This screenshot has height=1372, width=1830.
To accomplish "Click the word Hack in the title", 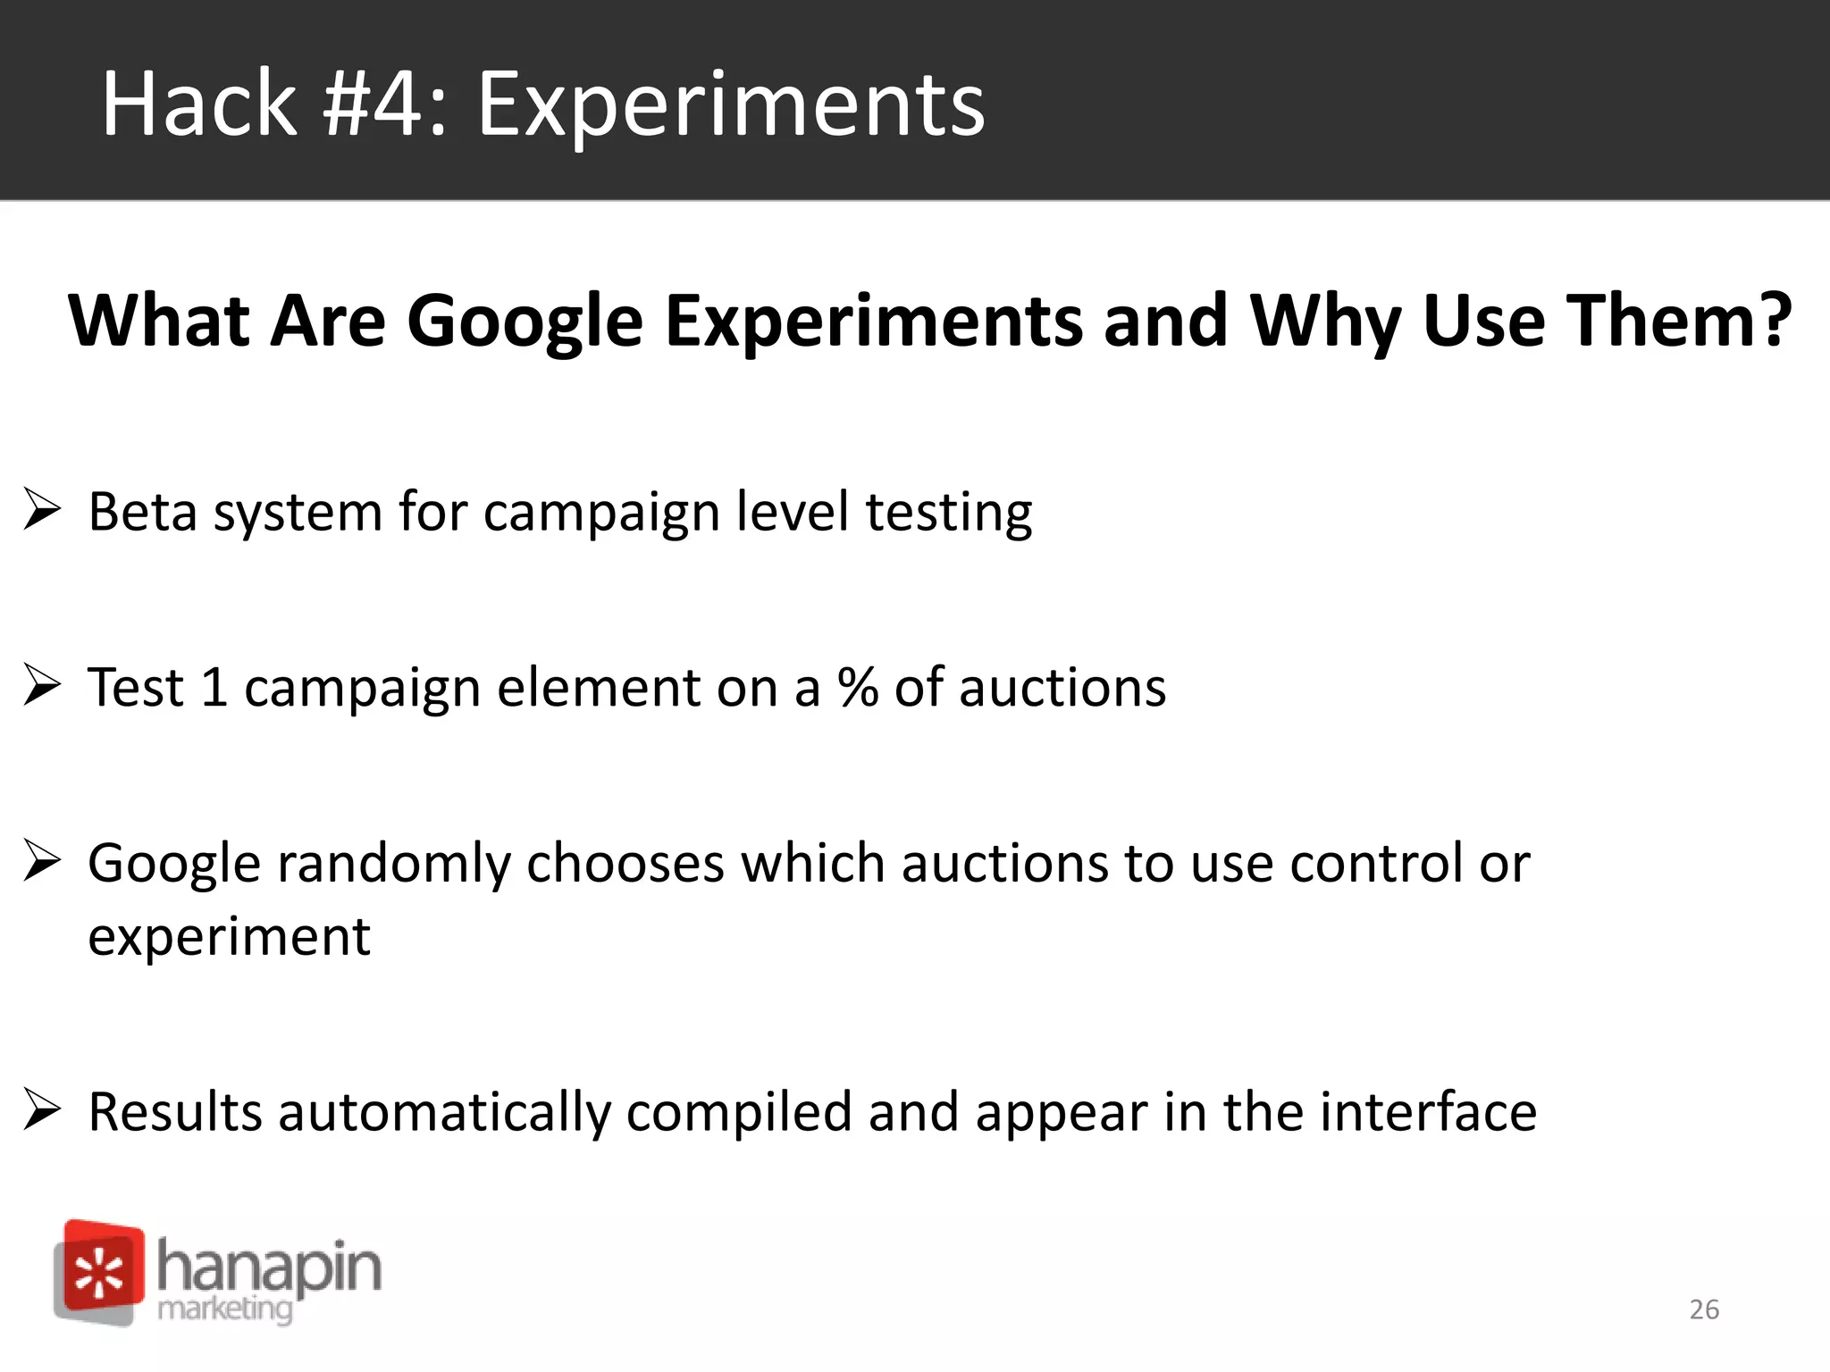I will pyautogui.click(x=198, y=105).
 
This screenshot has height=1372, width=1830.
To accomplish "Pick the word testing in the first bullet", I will pyautogui.click(x=948, y=514).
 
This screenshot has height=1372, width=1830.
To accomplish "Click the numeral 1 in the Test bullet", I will pyautogui.click(x=214, y=688).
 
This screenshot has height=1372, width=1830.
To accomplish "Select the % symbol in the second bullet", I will pyautogui.click(x=857, y=688).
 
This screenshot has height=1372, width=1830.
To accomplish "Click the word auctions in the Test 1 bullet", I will pyautogui.click(x=1062, y=688).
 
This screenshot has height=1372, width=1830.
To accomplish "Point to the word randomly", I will pyautogui.click(x=392, y=865).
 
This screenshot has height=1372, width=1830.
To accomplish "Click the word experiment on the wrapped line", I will pyautogui.click(x=229, y=938).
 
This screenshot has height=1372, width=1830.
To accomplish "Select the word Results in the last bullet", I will pyautogui.click(x=175, y=1112).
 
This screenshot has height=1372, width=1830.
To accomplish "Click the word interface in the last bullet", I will pyautogui.click(x=1427, y=1112).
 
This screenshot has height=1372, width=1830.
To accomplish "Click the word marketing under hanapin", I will pyautogui.click(x=224, y=1309).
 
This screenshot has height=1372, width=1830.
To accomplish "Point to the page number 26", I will pyautogui.click(x=1704, y=1309).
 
